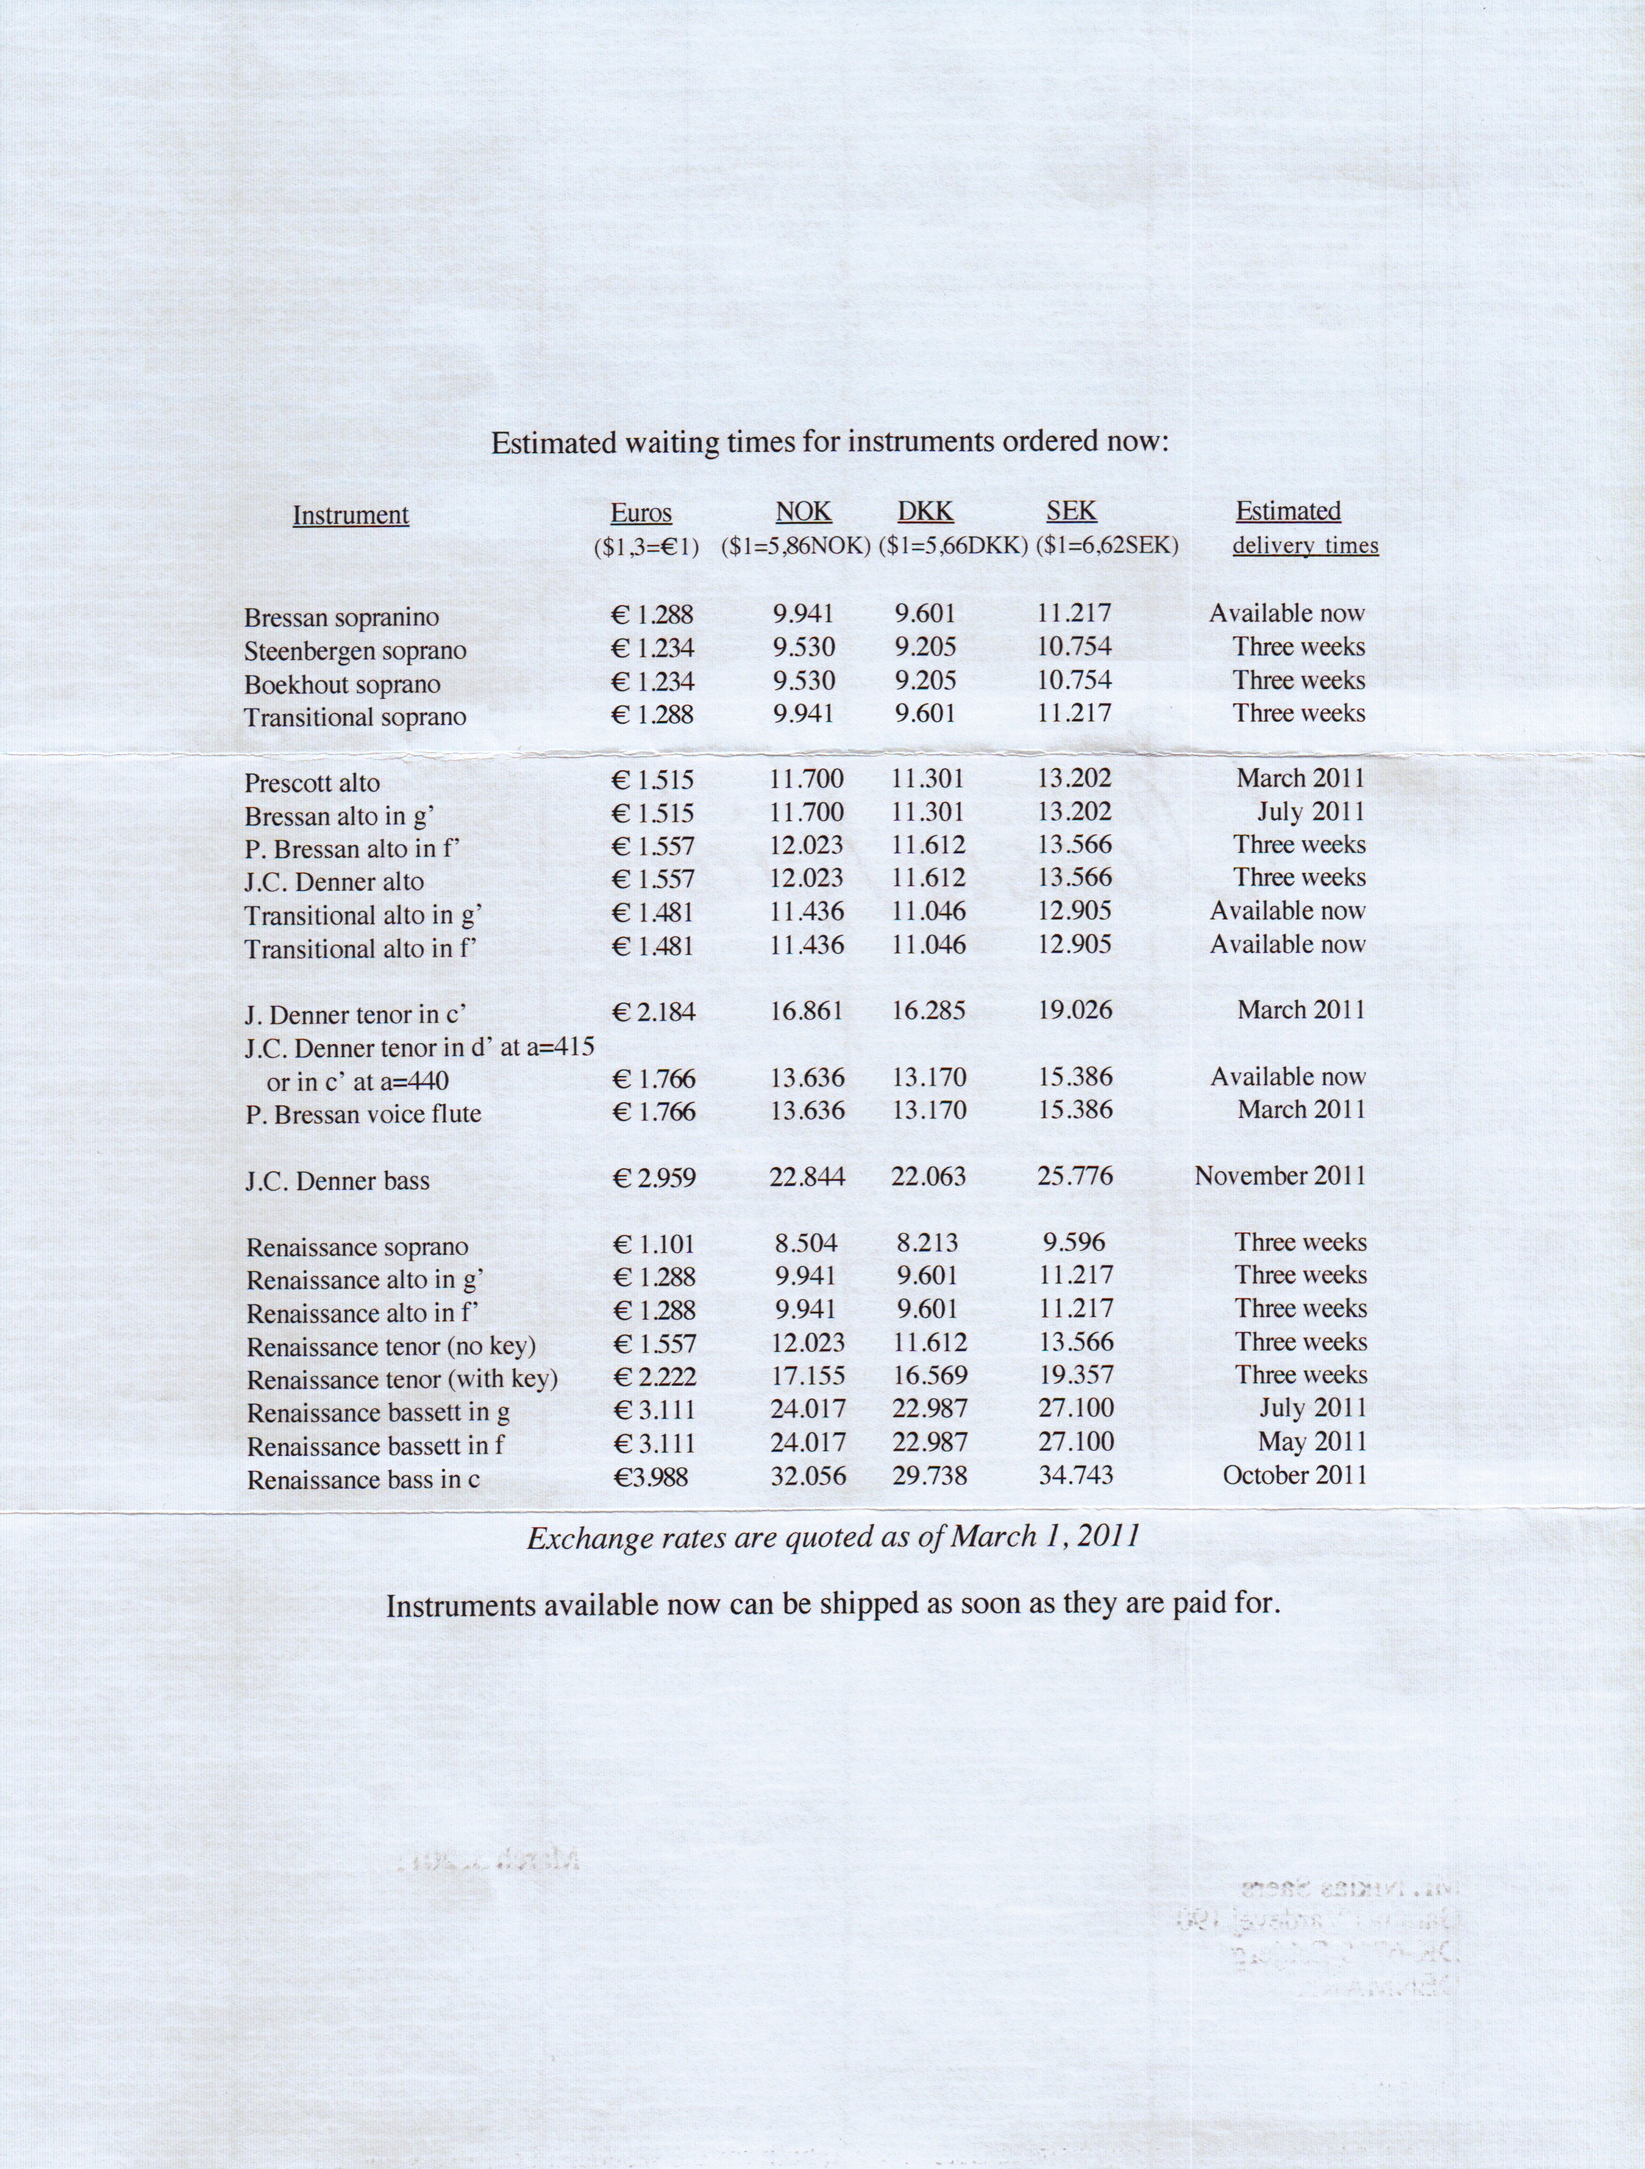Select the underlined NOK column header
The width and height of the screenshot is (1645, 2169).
[803, 512]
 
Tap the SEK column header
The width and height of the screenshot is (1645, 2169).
[1071, 511]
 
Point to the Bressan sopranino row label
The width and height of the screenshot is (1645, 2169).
[341, 618]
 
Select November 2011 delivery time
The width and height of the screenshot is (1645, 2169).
[1280, 1175]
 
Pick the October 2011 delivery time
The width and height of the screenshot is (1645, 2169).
[1294, 1475]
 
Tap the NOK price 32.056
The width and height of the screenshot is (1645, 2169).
[808, 1475]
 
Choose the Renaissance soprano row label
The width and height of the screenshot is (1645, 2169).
[357, 1248]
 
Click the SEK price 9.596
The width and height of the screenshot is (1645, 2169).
[1075, 1242]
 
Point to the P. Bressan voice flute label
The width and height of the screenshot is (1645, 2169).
[363, 1115]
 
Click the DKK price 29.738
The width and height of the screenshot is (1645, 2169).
[929, 1475]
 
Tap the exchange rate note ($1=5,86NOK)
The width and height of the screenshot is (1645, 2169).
[796, 546]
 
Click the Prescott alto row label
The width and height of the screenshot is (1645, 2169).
[312, 783]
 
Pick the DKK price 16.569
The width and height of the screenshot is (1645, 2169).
[929, 1376]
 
